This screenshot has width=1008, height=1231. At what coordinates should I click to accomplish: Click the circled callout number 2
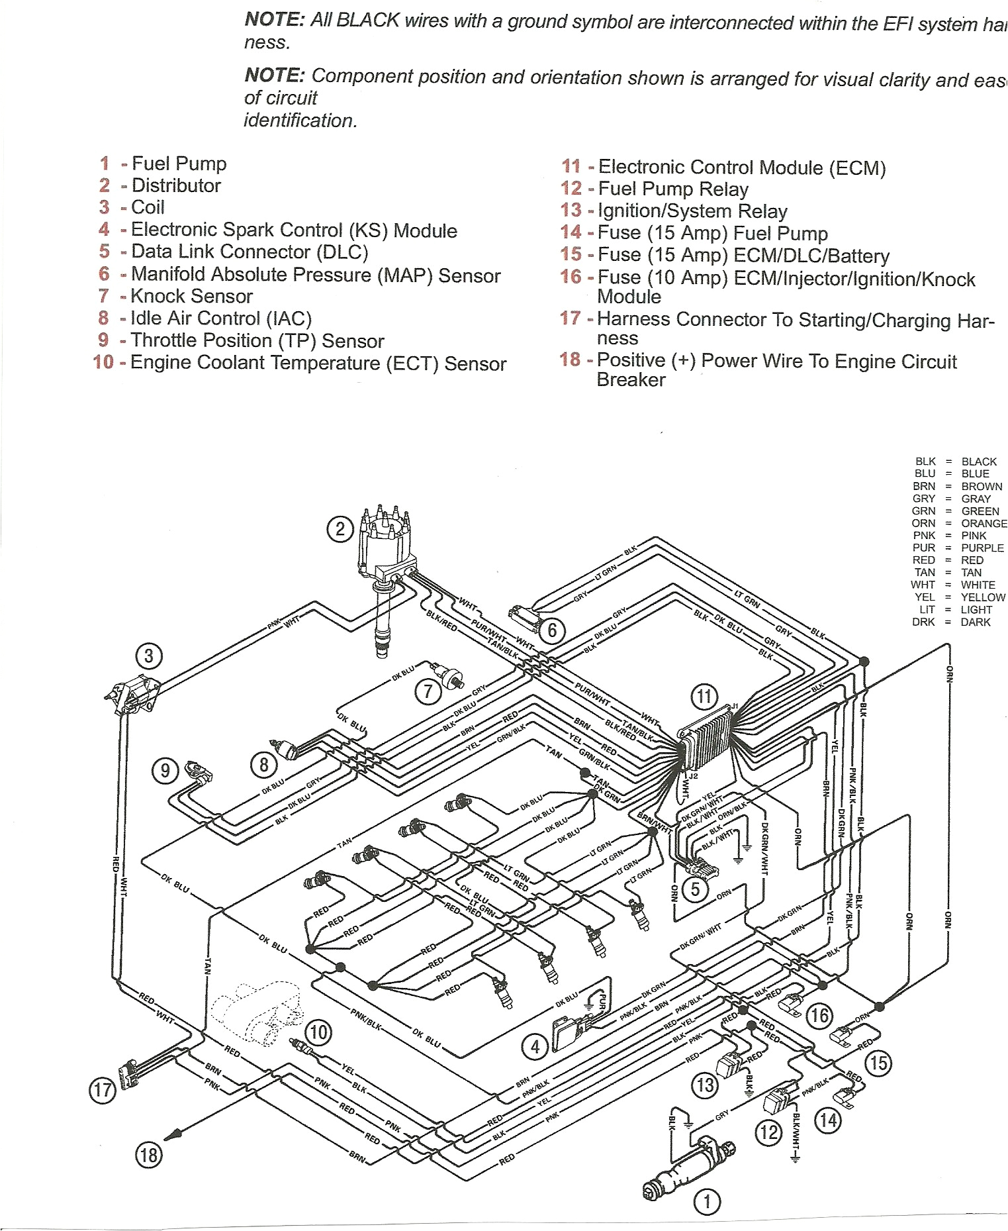pos(340,529)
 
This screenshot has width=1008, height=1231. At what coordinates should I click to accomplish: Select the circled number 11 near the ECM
pos(704,696)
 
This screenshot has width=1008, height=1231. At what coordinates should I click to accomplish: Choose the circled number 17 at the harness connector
pos(103,1089)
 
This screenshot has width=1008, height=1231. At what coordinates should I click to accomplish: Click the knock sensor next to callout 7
pos(452,676)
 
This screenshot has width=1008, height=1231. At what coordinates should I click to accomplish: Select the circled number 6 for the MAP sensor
pos(551,630)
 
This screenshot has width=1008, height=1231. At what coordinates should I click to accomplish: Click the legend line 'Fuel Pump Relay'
pos(672,189)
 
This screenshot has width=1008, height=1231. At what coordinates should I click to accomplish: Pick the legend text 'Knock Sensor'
pos(191,296)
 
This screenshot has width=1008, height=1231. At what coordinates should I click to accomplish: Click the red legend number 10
pos(103,362)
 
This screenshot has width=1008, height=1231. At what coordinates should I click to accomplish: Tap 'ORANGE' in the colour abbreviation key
pos(984,523)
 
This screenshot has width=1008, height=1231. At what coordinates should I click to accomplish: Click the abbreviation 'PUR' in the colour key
pos(923,548)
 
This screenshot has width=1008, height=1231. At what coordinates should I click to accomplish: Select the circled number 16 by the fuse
pos(819,1015)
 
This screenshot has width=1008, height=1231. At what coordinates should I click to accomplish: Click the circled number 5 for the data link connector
pos(695,889)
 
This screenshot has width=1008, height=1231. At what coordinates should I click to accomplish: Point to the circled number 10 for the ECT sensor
pos(318,1032)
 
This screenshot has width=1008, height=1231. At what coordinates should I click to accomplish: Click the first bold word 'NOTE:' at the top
pos(274,20)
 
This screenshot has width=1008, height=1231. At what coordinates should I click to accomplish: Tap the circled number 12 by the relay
pos(768,1132)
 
